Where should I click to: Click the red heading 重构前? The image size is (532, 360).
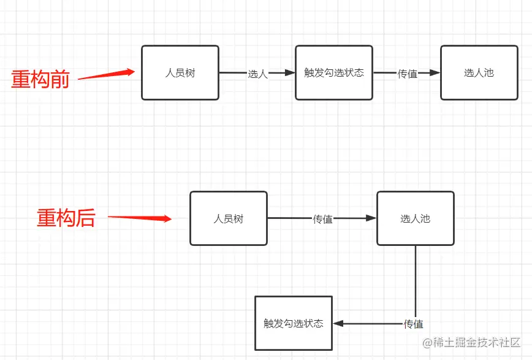pos(40,79)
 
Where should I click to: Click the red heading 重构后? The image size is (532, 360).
pos(66,218)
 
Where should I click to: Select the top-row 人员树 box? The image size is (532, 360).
pos(180,72)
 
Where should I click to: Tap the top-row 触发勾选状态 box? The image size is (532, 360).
pos(334,72)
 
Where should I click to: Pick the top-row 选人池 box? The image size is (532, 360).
pos(479,72)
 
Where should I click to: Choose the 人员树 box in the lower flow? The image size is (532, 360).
pos(228,218)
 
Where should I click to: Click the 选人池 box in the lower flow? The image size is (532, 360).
pos(415,218)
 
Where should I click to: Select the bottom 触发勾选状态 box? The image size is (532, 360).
pos(293,323)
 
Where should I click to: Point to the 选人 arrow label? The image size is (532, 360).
pos(257,74)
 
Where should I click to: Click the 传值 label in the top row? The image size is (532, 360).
pos(408,74)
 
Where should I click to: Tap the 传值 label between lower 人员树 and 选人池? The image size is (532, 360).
pos(323,219)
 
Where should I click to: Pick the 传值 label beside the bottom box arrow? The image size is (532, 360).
pos(414,324)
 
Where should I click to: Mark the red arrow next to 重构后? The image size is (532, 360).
pos(140,218)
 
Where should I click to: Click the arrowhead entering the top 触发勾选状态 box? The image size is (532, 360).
pos(290,73)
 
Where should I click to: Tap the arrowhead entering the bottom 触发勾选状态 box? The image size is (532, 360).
pos(338,324)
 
